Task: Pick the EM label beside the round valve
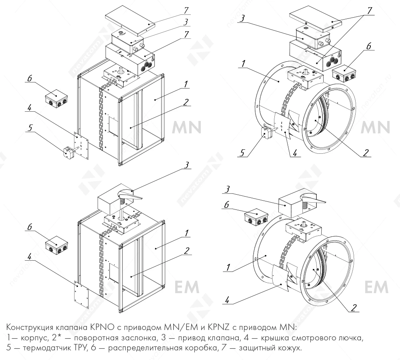coord(376,287)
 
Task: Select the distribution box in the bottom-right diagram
coord(256,217)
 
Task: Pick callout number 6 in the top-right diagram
coord(368,46)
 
